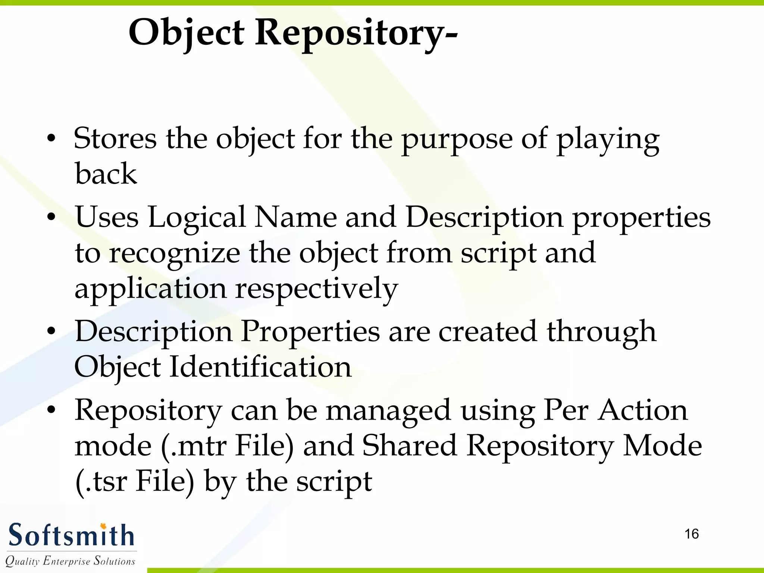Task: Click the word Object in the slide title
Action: tap(187, 34)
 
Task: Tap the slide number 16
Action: tap(692, 534)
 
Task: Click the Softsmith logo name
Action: tap(71, 536)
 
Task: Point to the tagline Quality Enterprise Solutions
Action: tap(70, 561)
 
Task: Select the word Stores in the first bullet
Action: tap(115, 139)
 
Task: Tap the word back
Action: tap(106, 174)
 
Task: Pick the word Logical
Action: tap(197, 218)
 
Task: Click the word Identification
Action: tap(260, 367)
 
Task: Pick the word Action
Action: tap(642, 410)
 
